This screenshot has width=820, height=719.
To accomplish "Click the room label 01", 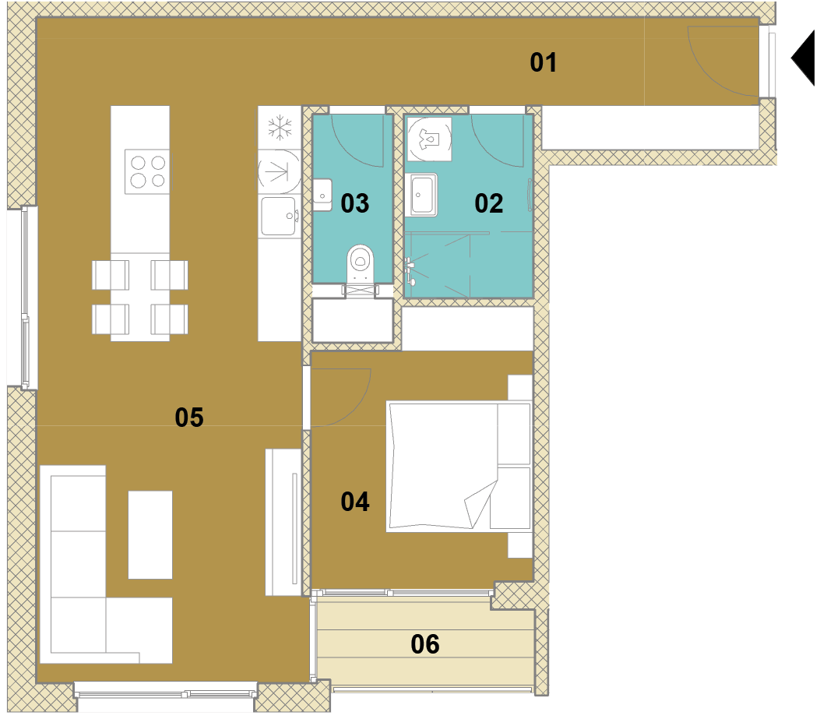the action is pyautogui.click(x=544, y=62).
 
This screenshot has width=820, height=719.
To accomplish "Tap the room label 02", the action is pyautogui.click(x=489, y=203).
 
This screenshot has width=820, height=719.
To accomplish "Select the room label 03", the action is pyautogui.click(x=355, y=203).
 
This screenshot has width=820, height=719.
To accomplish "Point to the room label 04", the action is pyautogui.click(x=355, y=502).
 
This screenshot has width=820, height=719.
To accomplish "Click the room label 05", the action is pyautogui.click(x=189, y=417).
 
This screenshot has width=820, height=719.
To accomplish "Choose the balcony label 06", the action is pyautogui.click(x=425, y=643).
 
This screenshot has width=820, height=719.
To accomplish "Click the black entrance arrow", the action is pyautogui.click(x=804, y=58).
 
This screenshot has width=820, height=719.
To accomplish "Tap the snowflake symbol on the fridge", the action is pyautogui.click(x=280, y=128).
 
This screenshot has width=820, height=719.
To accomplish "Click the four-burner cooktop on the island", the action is pyautogui.click(x=147, y=171).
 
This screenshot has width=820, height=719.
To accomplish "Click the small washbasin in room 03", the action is pyautogui.click(x=322, y=195).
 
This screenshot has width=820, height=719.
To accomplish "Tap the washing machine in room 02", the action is pyautogui.click(x=429, y=139).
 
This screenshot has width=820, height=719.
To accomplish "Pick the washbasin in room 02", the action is pyautogui.click(x=421, y=196).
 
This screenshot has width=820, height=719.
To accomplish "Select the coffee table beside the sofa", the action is pyautogui.click(x=150, y=535).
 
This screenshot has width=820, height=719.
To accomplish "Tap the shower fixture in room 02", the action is pyautogui.click(x=410, y=271).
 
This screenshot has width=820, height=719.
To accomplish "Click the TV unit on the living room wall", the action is pyautogui.click(x=283, y=522).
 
